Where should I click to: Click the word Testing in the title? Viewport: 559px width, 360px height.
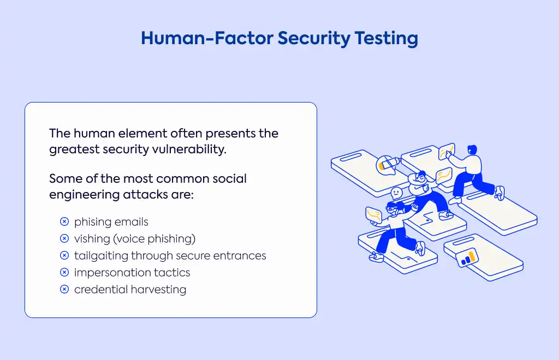(x=386, y=39)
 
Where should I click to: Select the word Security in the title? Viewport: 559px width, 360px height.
(x=314, y=39)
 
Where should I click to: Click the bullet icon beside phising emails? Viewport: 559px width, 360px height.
(x=64, y=221)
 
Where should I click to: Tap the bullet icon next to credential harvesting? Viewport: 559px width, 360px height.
(x=64, y=289)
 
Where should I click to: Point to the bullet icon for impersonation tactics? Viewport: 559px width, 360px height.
(x=64, y=272)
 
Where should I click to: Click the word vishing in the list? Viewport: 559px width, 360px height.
(x=92, y=238)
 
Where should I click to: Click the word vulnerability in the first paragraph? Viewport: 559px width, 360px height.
(x=189, y=149)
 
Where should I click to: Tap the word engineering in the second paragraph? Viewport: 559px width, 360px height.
(x=84, y=194)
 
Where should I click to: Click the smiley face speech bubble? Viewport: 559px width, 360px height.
(x=396, y=193)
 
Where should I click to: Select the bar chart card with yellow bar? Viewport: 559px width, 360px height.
(x=467, y=257)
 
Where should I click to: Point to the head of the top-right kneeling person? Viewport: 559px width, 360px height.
(x=472, y=149)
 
